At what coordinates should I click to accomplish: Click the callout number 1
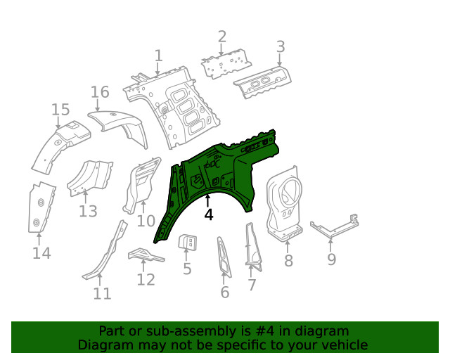158,55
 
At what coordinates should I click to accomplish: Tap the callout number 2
222,37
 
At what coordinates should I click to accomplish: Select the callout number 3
280,47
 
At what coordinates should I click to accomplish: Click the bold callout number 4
209,214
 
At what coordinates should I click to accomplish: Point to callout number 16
100,92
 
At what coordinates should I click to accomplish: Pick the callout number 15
60,109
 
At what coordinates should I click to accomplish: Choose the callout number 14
41,252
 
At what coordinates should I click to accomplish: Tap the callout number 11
103,293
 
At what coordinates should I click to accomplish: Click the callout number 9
331,259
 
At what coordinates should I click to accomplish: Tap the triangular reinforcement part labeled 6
223,256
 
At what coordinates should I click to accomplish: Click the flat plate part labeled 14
41,207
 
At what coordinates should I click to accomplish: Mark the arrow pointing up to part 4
208,200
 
